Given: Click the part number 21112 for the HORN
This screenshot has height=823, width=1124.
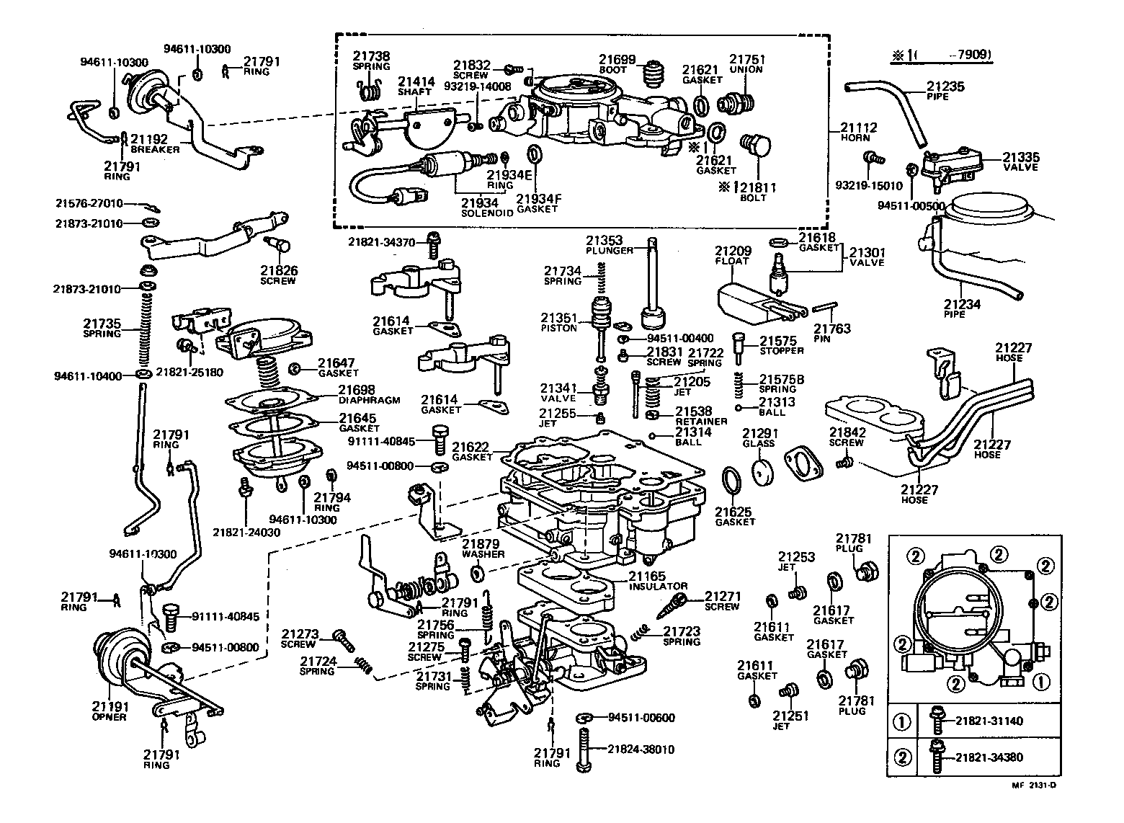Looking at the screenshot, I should tap(859, 128).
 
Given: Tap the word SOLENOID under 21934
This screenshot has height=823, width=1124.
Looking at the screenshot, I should tap(487, 214).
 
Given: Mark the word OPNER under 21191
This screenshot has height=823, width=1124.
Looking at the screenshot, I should tap(109, 717).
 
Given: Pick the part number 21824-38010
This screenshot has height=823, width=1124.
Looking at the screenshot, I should tap(641, 749).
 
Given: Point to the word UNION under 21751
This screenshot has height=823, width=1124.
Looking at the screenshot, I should tap(746, 70).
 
